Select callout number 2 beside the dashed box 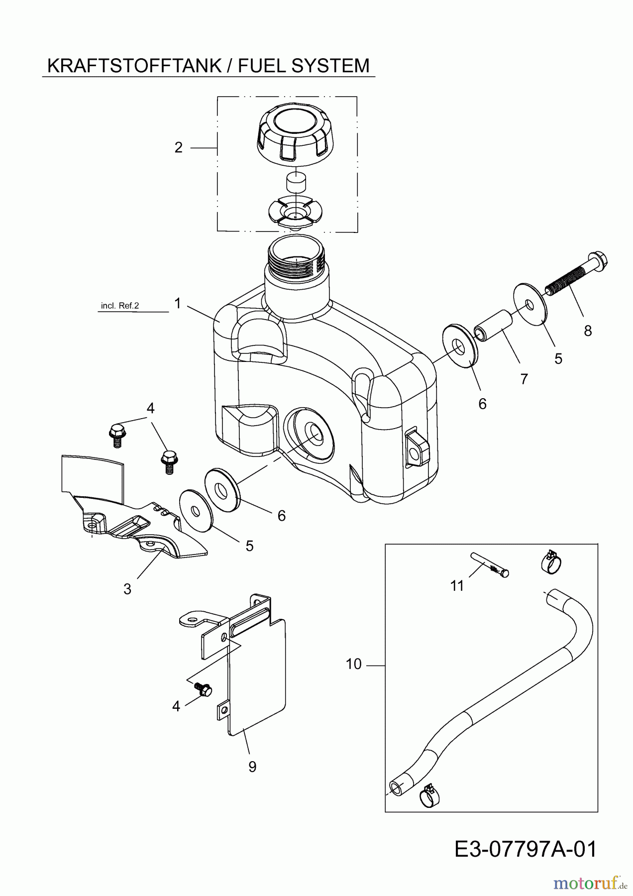(x=179, y=148)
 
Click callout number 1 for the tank (x=178, y=303)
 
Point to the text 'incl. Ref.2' (x=119, y=306)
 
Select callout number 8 (x=588, y=331)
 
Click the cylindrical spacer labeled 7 (x=493, y=326)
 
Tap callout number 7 (x=524, y=379)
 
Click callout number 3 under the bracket (x=127, y=589)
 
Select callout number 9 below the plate (x=252, y=767)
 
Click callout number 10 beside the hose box (x=354, y=665)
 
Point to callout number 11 (x=457, y=586)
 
